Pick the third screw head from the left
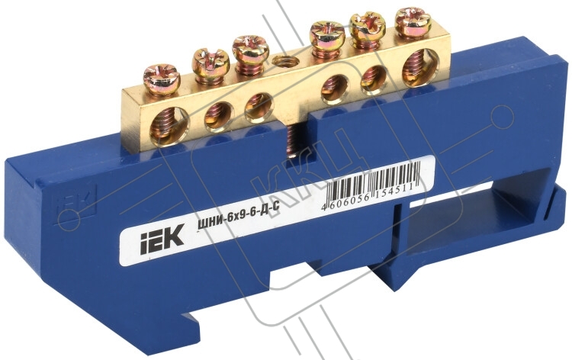pyautogui.click(x=250, y=47)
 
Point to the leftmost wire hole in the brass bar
pyautogui.click(x=169, y=124)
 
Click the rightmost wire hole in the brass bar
pyautogui.click(x=420, y=66)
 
